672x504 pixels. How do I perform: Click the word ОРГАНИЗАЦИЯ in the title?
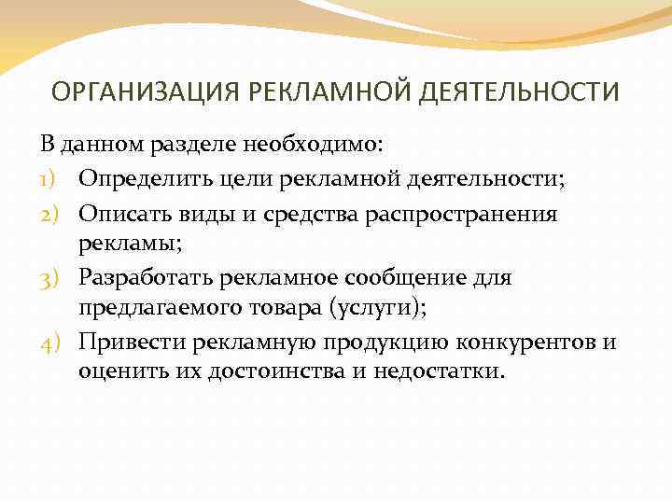point(132,92)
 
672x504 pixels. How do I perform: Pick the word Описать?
point(119,215)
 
